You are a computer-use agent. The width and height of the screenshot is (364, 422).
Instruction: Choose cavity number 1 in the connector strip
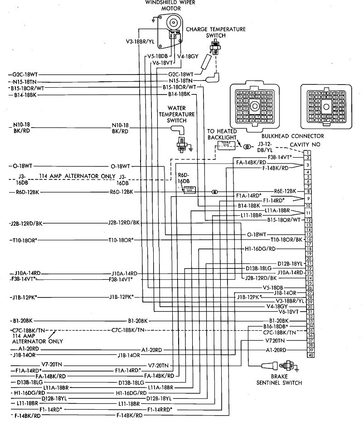[308, 152]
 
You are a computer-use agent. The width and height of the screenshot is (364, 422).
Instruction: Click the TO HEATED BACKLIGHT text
[222, 134]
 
